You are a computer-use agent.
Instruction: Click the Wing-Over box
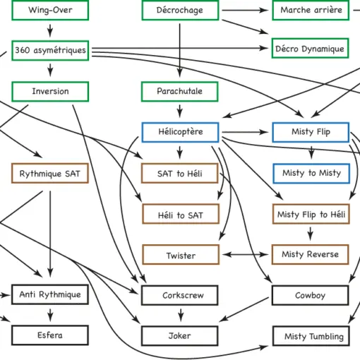pos(50,10)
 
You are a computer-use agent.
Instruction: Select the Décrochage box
pos(180,10)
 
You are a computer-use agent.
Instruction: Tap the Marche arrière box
pos(311,10)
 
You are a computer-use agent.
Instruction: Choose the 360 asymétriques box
pos(50,50)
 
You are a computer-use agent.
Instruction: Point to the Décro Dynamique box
pos(310,48)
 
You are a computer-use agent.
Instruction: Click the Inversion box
pos(50,92)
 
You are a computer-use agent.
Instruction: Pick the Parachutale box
pos(180,92)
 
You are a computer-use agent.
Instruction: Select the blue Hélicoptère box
pos(180,132)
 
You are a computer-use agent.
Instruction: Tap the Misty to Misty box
pos(311,174)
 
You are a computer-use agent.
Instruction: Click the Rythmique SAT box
pos(50,173)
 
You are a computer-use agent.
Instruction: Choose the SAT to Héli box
pos(180,173)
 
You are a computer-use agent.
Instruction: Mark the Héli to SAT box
pos(181,214)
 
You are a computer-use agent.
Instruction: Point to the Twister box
pos(181,255)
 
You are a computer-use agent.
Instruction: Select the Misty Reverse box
pos(310,255)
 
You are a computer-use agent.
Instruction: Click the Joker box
pos(180,336)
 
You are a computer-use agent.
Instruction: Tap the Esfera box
pos(50,335)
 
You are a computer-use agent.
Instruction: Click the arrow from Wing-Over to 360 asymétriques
pos(50,30)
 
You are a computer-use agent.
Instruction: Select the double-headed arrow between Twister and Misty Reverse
pos(245,254)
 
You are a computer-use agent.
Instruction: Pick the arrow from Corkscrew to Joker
pos(181,315)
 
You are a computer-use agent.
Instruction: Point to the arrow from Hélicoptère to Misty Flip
pos(245,132)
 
